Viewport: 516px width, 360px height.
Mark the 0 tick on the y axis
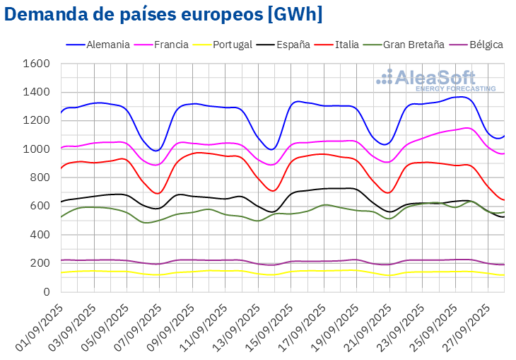click(x=46, y=291)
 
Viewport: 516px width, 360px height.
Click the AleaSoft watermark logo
click(x=435, y=79)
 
